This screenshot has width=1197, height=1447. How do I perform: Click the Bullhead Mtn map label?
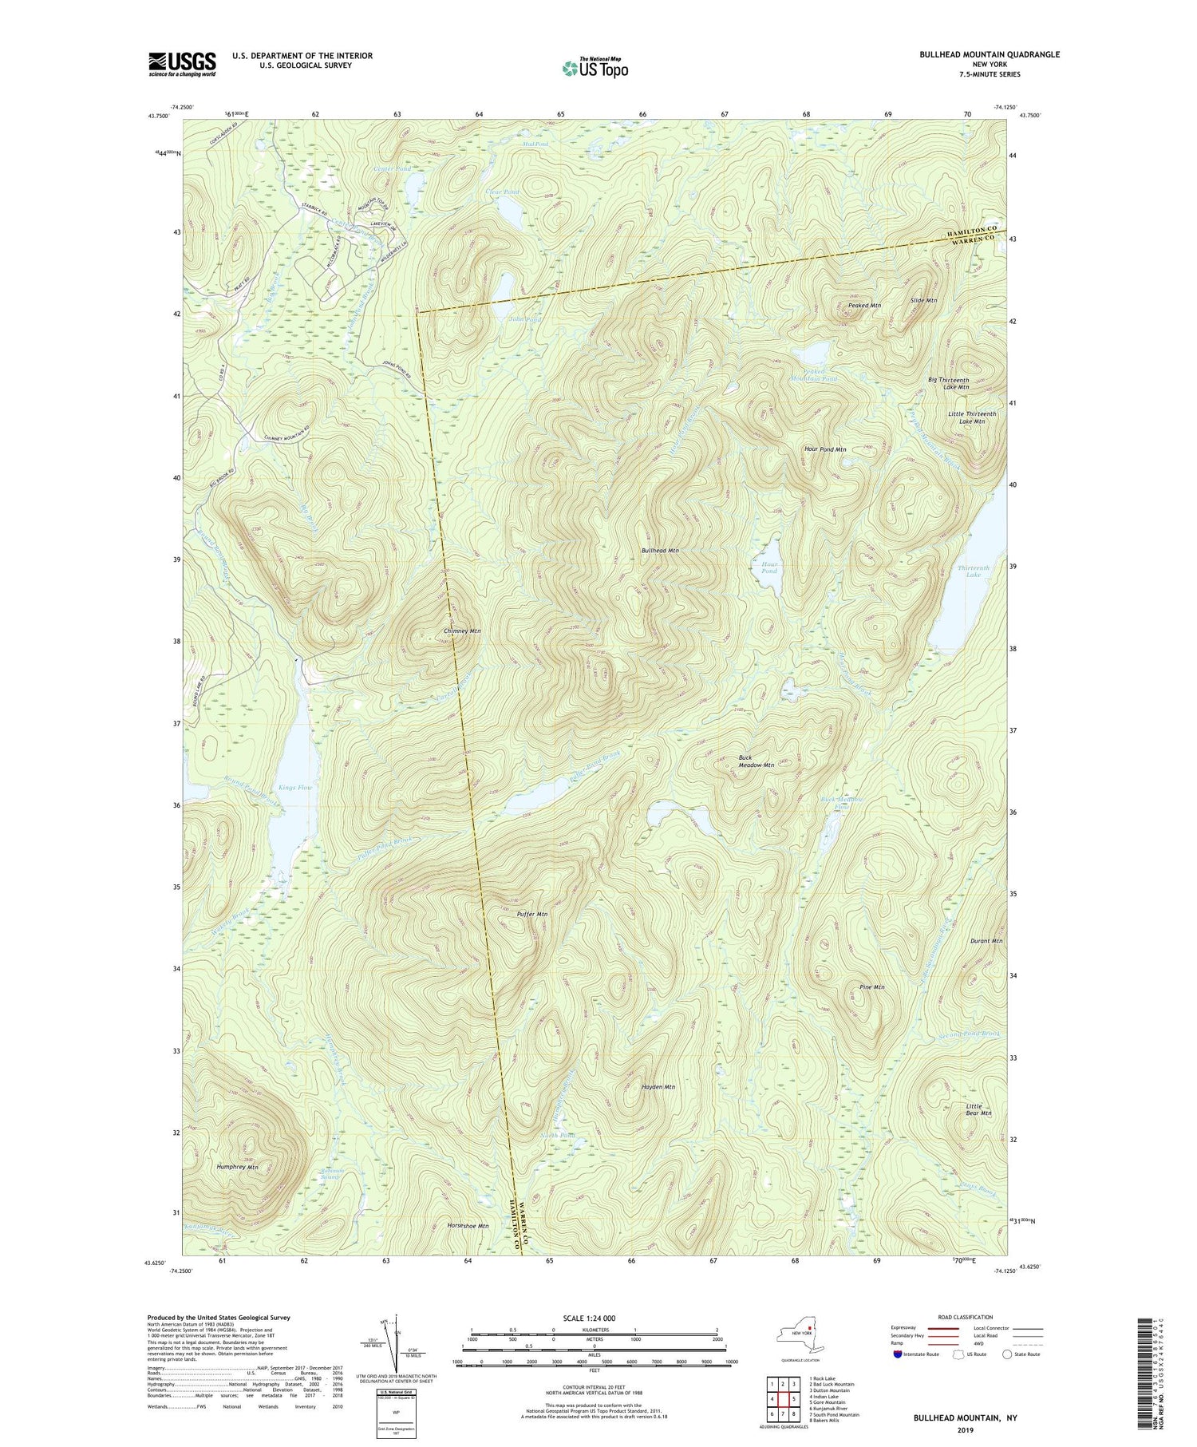click(660, 551)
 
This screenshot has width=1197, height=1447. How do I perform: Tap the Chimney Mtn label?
click(462, 631)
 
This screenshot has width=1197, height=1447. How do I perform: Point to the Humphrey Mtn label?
click(238, 1167)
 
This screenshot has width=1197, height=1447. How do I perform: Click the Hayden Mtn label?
click(658, 1087)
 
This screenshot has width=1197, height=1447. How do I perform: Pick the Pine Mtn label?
click(872, 987)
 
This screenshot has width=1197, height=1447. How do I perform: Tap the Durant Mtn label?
click(986, 941)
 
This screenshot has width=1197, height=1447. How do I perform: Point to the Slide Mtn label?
click(923, 300)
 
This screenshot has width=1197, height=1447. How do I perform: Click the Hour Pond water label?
click(768, 567)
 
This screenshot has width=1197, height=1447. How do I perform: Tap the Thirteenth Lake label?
click(973, 571)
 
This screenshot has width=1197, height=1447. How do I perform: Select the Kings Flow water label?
click(295, 788)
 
